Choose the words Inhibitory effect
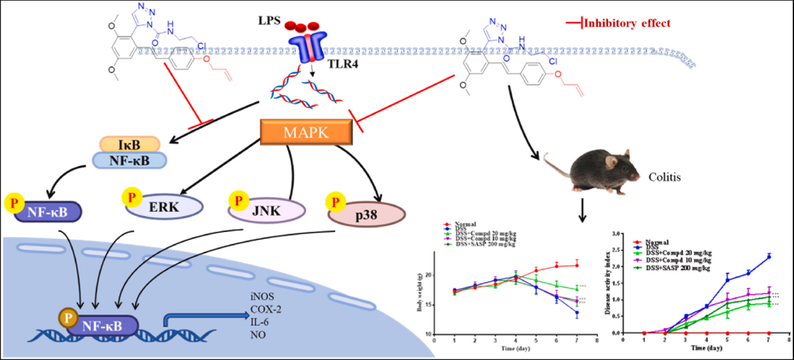click(x=627, y=23)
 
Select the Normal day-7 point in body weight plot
click(x=576, y=266)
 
